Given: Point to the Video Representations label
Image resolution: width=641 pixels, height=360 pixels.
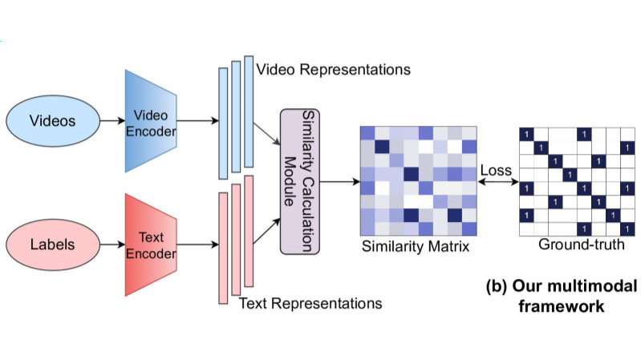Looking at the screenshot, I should pyautogui.click(x=333, y=70).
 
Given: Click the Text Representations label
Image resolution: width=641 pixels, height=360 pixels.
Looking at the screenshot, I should pyautogui.click(x=310, y=304).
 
